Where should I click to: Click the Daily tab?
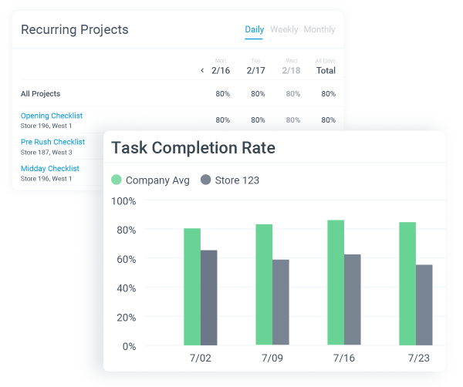click(254, 29)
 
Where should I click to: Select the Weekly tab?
click(284, 29)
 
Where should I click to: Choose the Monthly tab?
click(319, 29)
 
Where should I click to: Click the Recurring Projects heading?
click(74, 30)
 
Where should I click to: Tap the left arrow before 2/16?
click(202, 70)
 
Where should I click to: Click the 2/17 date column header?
click(256, 70)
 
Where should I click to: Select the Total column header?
click(326, 70)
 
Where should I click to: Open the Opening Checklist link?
click(52, 116)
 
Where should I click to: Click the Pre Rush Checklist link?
click(52, 142)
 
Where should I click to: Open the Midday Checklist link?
click(50, 168)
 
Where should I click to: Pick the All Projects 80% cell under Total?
click(328, 94)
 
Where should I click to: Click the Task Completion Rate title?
click(193, 148)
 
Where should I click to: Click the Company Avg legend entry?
click(150, 180)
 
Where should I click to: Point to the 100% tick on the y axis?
click(123, 200)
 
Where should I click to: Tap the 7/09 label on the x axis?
click(272, 358)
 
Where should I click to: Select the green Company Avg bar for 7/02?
click(192, 287)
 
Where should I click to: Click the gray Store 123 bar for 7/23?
click(424, 305)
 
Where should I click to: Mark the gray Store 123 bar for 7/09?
click(281, 302)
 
